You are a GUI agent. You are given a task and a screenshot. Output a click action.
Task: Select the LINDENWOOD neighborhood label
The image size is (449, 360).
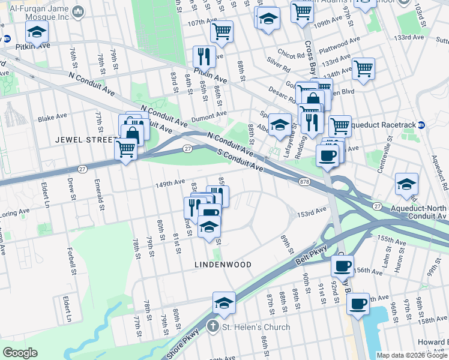click(x=222, y=264)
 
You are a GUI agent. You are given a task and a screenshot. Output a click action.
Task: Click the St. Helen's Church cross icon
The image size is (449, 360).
click(x=211, y=327)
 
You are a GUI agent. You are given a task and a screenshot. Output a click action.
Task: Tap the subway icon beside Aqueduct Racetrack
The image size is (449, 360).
click(x=422, y=125)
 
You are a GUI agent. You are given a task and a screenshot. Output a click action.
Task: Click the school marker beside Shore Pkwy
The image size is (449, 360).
click(x=224, y=303)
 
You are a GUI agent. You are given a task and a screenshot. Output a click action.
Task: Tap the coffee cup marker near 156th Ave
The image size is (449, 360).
click(x=343, y=265)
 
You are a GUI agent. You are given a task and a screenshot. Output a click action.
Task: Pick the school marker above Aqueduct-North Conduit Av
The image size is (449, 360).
click(x=406, y=184)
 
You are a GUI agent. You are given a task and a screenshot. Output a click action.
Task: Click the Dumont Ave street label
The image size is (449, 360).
click(x=209, y=114)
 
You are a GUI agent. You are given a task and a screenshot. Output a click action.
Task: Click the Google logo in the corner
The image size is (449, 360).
click(x=20, y=353)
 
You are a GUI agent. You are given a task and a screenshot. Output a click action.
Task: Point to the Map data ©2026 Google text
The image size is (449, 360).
click(x=412, y=355)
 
